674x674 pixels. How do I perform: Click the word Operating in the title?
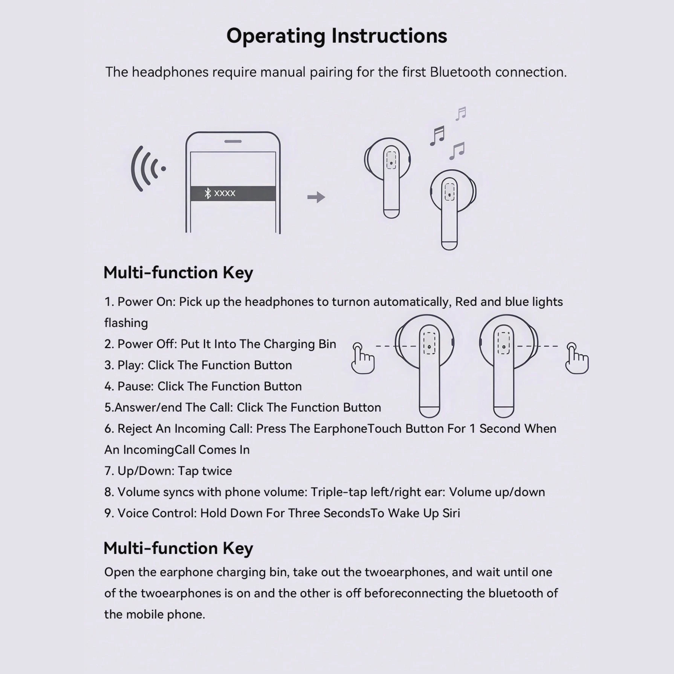(x=275, y=36)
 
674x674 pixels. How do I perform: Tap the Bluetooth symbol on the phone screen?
(x=208, y=193)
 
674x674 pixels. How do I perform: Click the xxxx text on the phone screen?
(x=225, y=193)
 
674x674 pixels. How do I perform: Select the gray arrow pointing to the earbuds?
(x=316, y=197)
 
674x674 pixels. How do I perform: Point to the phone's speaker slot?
(x=233, y=141)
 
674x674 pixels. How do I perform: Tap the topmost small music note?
(x=461, y=113)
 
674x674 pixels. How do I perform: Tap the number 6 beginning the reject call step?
(x=108, y=429)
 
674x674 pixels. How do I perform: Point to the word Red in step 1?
(x=466, y=302)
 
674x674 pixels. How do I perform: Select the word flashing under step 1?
(x=126, y=323)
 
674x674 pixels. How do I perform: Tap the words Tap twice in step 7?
(x=204, y=471)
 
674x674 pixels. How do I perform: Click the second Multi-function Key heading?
(x=178, y=548)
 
